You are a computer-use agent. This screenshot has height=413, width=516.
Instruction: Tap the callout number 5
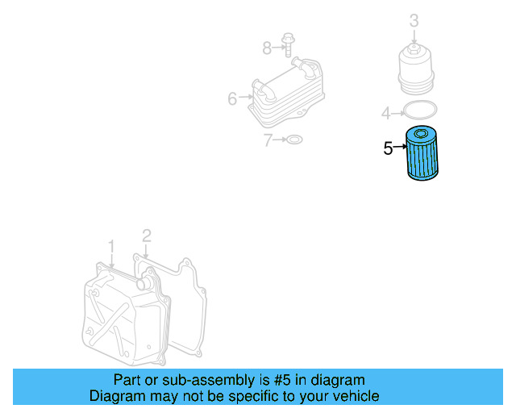click(x=388, y=148)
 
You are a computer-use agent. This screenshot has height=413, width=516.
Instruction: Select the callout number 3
click(x=414, y=19)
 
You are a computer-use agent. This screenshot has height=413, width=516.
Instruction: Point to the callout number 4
click(x=386, y=111)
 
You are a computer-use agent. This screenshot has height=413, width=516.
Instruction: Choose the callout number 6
click(x=232, y=99)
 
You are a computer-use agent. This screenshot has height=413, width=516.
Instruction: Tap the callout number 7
click(x=269, y=140)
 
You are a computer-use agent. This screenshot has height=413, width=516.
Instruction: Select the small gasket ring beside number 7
click(x=295, y=140)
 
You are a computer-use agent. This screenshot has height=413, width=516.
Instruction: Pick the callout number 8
click(x=267, y=48)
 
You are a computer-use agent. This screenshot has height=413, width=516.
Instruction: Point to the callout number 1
click(x=111, y=245)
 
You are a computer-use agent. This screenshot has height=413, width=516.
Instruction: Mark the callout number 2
click(x=146, y=236)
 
